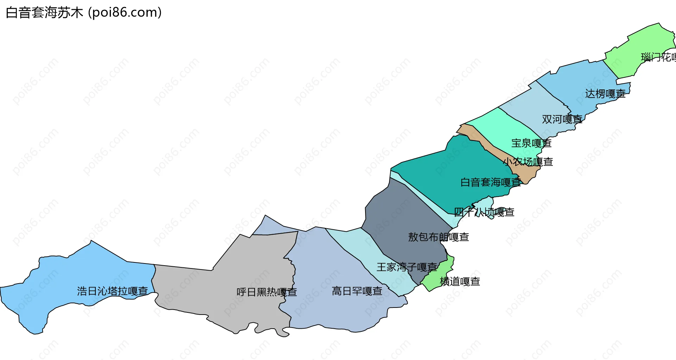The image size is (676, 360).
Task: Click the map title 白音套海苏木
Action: coord(44,13)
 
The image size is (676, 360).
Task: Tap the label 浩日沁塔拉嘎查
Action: coord(112,291)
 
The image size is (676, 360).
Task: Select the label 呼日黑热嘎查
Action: coord(267,292)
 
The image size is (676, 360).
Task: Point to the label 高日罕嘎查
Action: coord(357,291)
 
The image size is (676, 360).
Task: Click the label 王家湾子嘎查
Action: coord(407,267)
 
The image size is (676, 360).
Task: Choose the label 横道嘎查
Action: coord(460,281)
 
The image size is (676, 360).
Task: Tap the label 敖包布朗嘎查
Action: coord(438,237)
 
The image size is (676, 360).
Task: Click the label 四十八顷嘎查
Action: coord(484,212)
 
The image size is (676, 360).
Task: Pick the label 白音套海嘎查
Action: coord(490,182)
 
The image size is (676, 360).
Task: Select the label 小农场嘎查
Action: coord(528,162)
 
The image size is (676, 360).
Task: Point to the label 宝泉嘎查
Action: coord(531,143)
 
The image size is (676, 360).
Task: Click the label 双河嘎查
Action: coord(562,119)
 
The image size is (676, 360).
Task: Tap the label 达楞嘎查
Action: coord(605,94)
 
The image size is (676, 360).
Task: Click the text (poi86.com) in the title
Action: coord(125,13)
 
